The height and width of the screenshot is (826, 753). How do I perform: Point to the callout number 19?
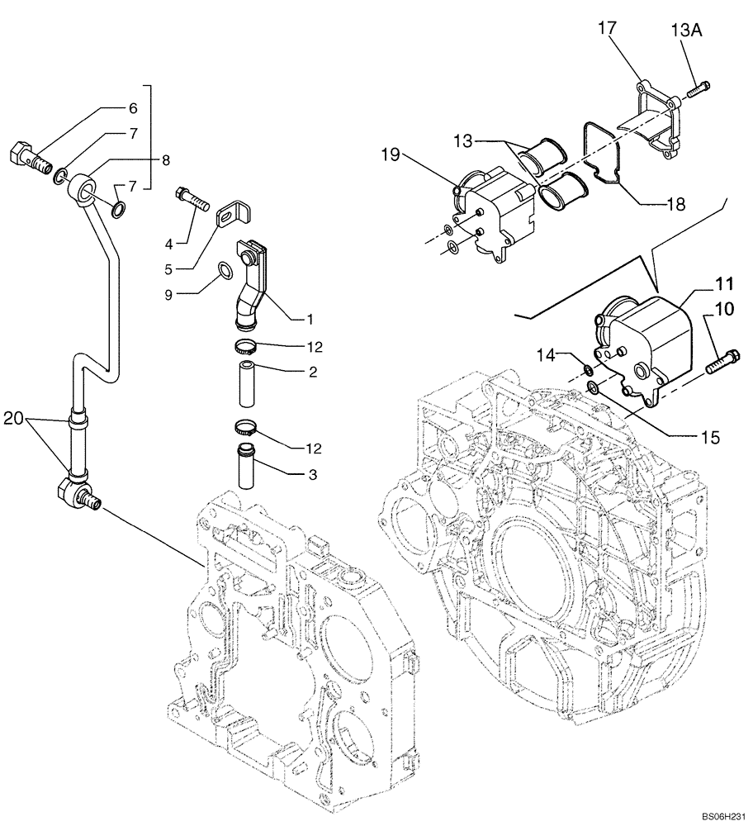click(391, 154)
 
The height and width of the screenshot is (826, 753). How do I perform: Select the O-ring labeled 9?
click(225, 270)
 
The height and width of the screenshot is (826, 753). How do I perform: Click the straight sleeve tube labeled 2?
click(249, 382)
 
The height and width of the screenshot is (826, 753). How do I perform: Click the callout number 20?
click(12, 419)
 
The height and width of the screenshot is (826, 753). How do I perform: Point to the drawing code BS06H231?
click(720, 814)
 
